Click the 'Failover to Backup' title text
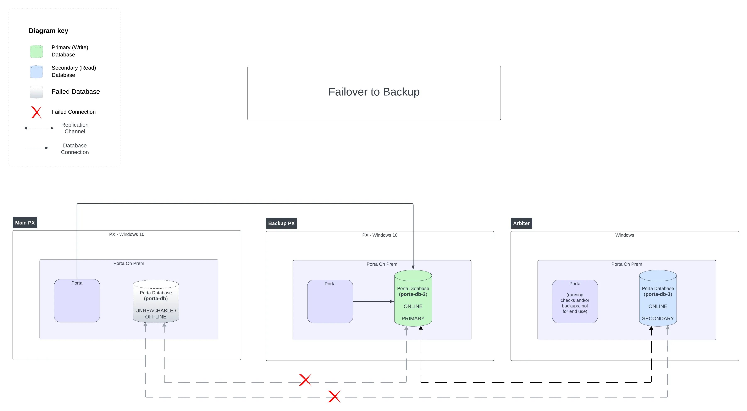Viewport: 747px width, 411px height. tap(374, 92)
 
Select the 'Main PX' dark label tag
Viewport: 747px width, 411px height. tap(25, 223)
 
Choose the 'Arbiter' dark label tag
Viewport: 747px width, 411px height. tap(521, 223)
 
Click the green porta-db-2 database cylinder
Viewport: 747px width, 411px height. tap(413, 299)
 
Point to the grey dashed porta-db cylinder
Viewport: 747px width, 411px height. tap(156, 301)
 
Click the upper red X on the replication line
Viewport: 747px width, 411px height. tap(305, 380)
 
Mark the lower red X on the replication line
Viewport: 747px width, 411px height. tap(334, 396)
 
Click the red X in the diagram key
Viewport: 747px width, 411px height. tap(36, 112)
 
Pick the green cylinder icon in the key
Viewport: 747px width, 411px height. tap(36, 51)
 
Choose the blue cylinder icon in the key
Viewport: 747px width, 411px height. tap(36, 72)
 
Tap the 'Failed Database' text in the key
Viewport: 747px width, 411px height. tap(75, 91)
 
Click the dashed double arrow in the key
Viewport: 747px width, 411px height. tap(39, 128)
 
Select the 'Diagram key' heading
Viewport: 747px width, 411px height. tap(48, 31)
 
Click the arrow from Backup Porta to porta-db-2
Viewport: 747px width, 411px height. tap(373, 301)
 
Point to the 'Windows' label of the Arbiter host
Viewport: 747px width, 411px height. tap(624, 235)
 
